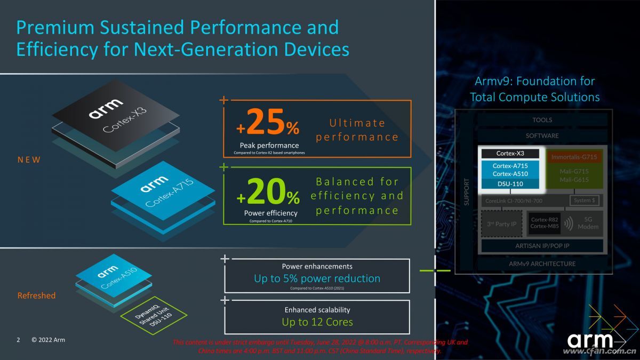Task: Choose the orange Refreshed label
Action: click(x=36, y=295)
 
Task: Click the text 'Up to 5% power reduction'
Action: click(x=317, y=278)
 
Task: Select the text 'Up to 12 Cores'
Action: click(x=317, y=322)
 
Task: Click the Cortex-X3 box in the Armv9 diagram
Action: click(x=510, y=154)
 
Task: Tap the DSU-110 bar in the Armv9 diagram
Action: click(x=510, y=184)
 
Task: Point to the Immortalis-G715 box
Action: click(x=574, y=157)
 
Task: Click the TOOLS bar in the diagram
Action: click(x=542, y=120)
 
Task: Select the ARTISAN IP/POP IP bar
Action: click(x=542, y=245)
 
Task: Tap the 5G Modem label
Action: click(x=588, y=223)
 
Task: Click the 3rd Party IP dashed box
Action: click(x=502, y=224)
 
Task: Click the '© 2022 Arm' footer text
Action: click(x=48, y=340)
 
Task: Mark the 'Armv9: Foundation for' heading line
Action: click(x=534, y=82)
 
